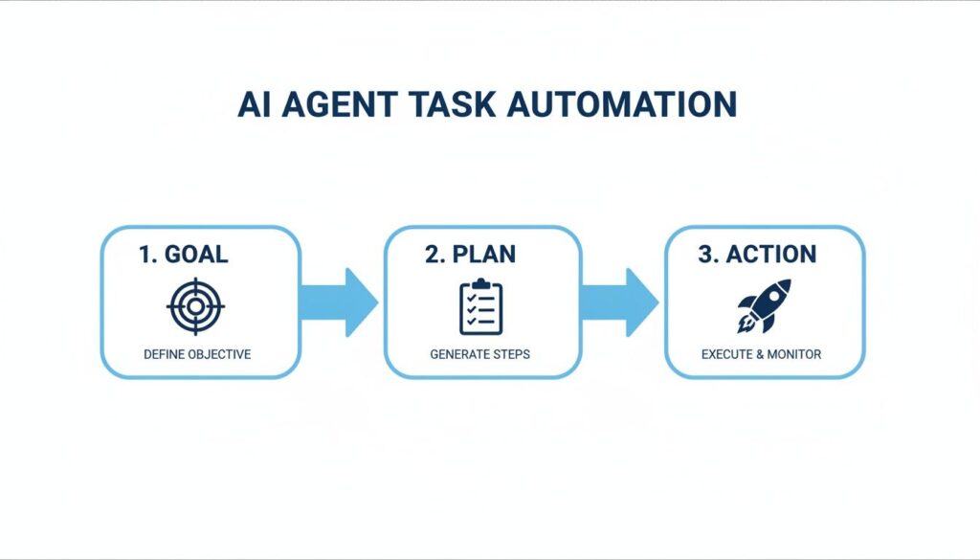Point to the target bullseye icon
click(x=195, y=306)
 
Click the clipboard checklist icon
click(x=480, y=306)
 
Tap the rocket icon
click(x=764, y=305)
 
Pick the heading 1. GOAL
click(x=183, y=255)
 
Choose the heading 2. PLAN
click(x=470, y=255)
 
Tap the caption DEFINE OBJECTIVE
click(x=197, y=354)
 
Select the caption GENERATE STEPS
click(x=479, y=354)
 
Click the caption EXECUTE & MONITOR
click(x=761, y=354)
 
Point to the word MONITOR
click(x=794, y=354)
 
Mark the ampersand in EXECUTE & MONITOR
click(x=759, y=354)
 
